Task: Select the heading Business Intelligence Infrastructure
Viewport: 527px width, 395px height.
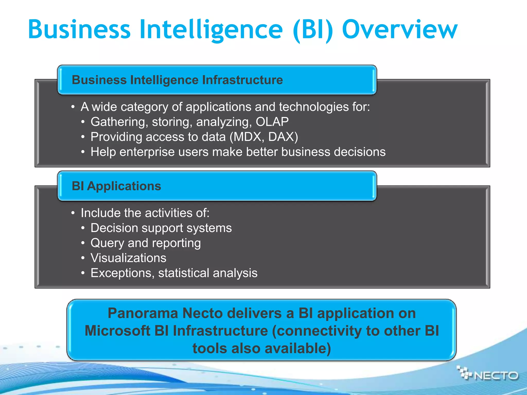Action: point(177,80)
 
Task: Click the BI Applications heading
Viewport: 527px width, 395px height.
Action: point(116,186)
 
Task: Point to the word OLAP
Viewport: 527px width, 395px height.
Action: point(272,122)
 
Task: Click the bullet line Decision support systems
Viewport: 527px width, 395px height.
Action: point(161,228)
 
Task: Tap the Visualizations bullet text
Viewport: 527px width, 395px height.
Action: point(128,258)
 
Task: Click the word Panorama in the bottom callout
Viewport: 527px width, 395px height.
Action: point(143,313)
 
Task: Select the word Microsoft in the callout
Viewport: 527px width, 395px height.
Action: point(117,331)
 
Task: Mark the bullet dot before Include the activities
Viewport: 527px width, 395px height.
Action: point(73,213)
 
